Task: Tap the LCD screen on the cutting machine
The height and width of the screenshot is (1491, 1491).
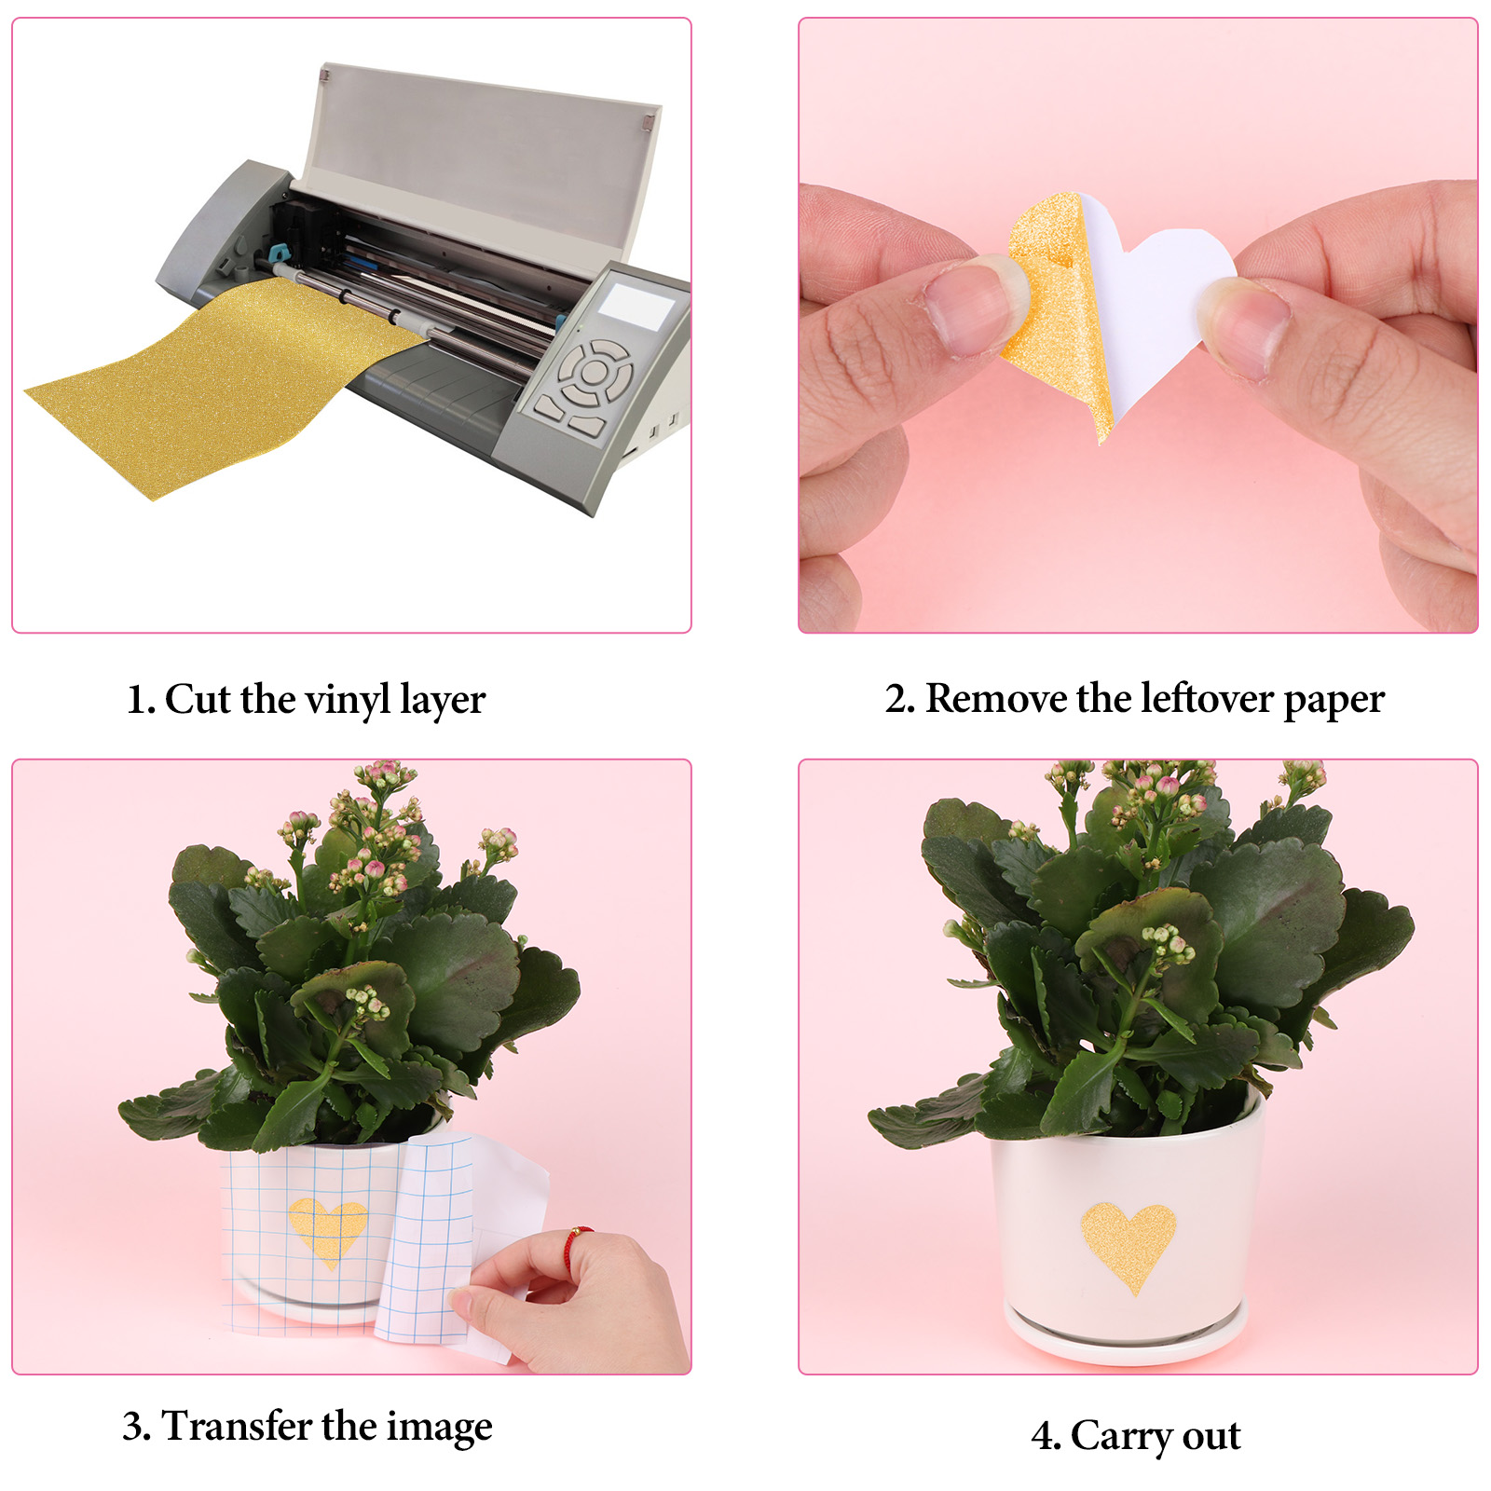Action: (636, 305)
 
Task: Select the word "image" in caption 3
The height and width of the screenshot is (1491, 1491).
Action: (440, 1429)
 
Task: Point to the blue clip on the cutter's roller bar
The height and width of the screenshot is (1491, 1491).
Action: (277, 253)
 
